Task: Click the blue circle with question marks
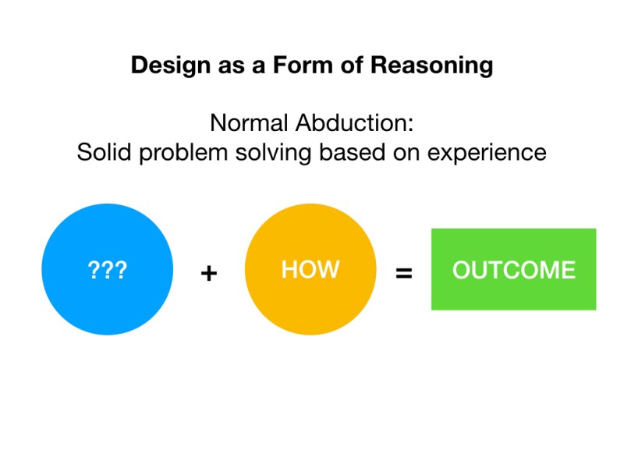[x=107, y=269]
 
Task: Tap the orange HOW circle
[x=310, y=269]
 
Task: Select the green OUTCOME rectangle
[x=513, y=269]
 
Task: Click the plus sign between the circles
[x=208, y=274]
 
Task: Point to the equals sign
[x=404, y=274]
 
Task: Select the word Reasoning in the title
[x=431, y=66]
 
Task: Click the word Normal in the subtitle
[x=249, y=123]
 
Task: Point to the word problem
[x=182, y=152]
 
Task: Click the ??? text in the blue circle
[x=107, y=271]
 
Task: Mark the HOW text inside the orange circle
[x=310, y=270]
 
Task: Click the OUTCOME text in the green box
[x=513, y=271]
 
